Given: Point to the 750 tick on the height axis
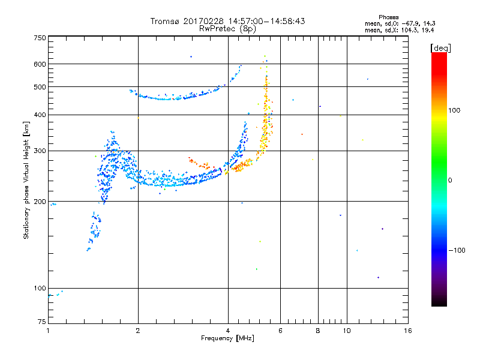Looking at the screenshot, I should pos(40,38).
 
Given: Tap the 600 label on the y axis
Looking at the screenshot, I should pos(40,64).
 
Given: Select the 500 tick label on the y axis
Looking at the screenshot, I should pos(40,87).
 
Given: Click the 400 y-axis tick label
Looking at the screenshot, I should pos(40,115).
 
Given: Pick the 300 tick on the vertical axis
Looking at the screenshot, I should pos(40,151).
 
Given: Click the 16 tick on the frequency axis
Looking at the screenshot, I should pos(407,331).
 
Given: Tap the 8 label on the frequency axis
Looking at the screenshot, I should pos(319,331).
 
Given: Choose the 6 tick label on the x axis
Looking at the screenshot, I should pos(280,331).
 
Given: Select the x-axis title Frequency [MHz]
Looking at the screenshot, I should pos(227,339).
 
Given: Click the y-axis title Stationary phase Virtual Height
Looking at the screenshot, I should pos(26,180).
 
